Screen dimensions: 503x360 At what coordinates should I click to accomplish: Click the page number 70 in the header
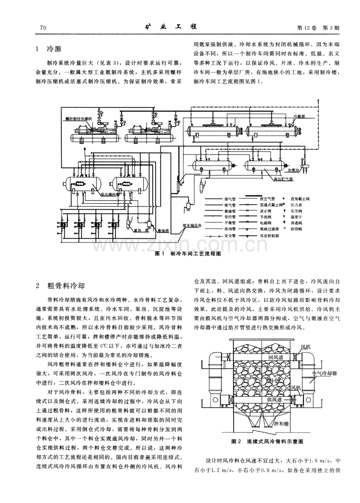click(x=43, y=28)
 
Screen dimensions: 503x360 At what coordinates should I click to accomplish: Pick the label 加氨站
click(x=293, y=171)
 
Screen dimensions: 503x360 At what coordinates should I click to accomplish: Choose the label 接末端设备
click(x=191, y=225)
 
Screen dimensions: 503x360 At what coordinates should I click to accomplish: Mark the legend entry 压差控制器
click(x=267, y=236)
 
